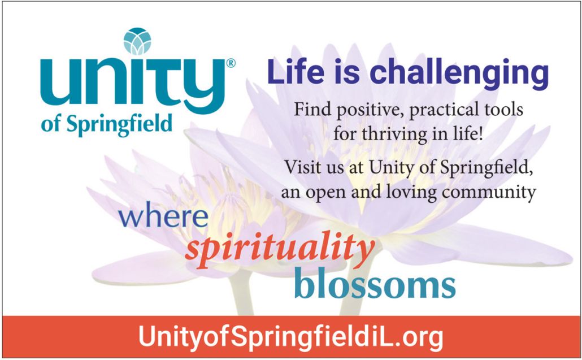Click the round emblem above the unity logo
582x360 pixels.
tap(137, 41)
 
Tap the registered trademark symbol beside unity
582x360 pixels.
tap(231, 63)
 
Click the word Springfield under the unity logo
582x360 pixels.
tap(119, 124)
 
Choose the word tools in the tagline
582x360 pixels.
tap(504, 109)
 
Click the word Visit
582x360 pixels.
tap(300, 167)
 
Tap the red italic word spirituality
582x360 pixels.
tap(280, 248)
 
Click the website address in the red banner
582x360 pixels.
tap(290, 337)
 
